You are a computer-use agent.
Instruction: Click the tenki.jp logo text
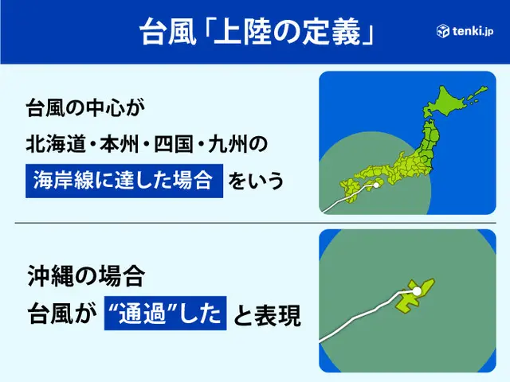(x=473, y=31)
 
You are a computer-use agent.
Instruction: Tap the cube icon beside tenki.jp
(x=443, y=31)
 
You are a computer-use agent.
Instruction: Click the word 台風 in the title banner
(x=168, y=32)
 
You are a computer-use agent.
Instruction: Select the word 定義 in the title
(x=331, y=32)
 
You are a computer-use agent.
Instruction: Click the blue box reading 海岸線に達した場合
(x=124, y=181)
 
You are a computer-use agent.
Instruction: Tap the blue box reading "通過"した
(x=165, y=313)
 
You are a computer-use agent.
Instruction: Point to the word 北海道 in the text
(x=55, y=144)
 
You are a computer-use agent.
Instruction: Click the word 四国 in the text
(x=174, y=144)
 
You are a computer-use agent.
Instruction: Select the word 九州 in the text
(x=228, y=144)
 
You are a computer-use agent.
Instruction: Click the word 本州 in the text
(x=120, y=144)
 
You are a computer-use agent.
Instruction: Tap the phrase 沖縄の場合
(x=86, y=275)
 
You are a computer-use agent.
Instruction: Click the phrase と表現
(x=267, y=315)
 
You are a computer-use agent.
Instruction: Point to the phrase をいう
(x=256, y=181)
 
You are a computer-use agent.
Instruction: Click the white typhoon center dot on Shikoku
(x=376, y=185)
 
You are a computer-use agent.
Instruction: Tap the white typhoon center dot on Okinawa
(x=416, y=291)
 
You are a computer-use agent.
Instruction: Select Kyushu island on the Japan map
(x=348, y=192)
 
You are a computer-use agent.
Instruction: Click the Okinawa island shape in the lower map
(x=414, y=295)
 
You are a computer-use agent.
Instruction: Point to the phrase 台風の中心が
(x=85, y=107)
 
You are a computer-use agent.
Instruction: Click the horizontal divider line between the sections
(x=255, y=223)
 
